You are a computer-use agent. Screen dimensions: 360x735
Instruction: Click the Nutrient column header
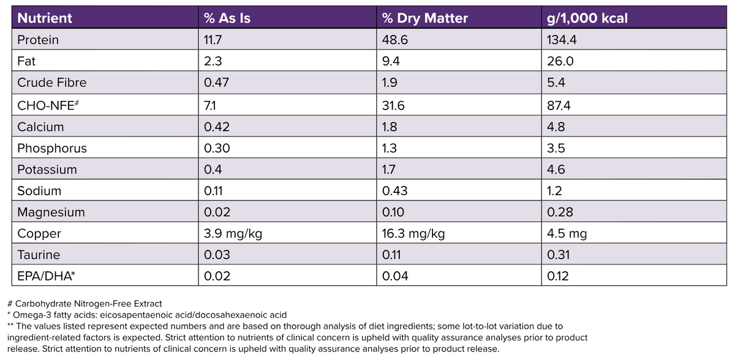coord(45,18)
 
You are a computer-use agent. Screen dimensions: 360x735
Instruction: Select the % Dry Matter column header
coord(424,18)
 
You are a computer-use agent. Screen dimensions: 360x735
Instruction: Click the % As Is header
coord(227,18)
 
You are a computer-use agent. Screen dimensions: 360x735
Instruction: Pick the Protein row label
coord(38,40)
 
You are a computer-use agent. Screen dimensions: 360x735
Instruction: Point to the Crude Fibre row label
coord(52,83)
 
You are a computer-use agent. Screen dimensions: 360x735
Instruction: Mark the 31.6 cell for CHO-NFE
coord(393,105)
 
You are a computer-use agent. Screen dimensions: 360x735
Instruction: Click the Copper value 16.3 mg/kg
coord(413,233)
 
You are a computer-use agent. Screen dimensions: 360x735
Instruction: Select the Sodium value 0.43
coord(393,190)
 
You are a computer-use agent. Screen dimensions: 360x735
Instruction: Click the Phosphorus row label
coord(52,148)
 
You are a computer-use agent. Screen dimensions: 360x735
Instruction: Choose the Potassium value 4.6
coord(556,170)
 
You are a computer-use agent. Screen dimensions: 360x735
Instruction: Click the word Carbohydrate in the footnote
coord(43,304)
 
